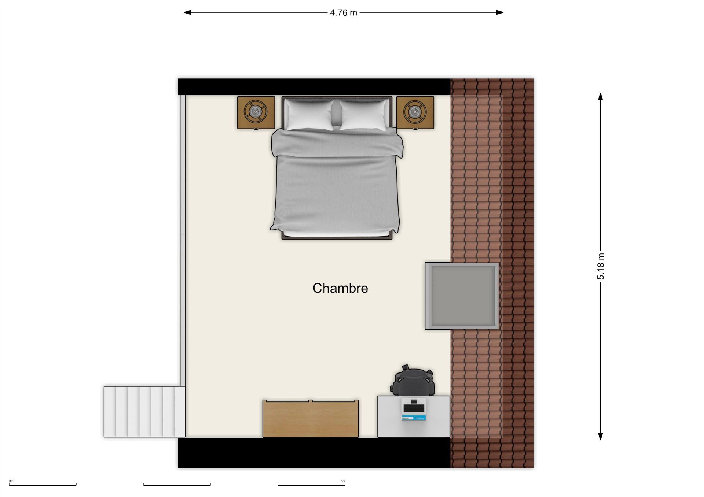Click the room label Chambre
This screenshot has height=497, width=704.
340,288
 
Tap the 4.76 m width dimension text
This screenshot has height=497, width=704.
343,13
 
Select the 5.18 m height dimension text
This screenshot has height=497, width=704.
601,266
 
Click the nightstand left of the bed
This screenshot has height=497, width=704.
256,113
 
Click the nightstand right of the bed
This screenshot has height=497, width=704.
415,113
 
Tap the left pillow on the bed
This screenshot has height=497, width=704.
309,115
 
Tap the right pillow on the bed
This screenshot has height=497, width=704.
364,115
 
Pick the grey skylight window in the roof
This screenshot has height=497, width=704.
462,296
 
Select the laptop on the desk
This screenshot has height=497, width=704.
414,409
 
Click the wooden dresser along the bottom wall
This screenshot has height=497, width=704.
311,419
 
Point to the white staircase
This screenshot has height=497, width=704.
144,412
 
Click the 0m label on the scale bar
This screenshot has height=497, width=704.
11,481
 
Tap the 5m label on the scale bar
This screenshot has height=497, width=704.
343,481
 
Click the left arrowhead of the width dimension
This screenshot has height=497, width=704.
187,12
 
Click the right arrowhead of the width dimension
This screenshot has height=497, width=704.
500,12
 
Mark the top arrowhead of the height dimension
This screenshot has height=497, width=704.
601,96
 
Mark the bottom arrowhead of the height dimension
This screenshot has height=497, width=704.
601,436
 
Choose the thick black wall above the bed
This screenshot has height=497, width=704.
314,87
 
